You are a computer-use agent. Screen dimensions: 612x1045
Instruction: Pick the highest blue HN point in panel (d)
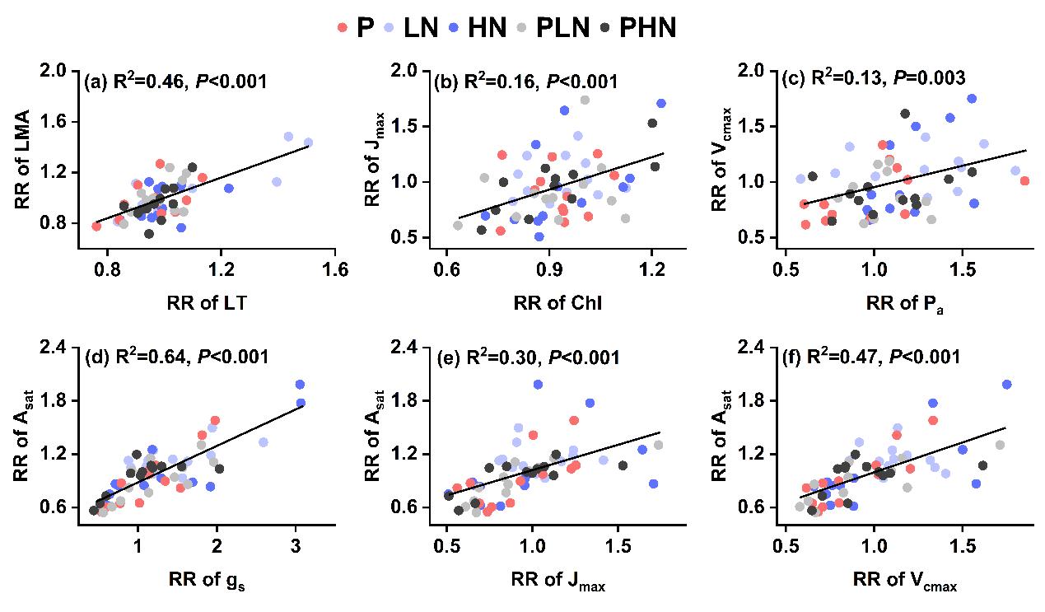(301, 385)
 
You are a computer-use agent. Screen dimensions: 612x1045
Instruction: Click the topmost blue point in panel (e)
(539, 385)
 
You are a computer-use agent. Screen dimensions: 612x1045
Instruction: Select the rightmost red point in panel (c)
(1024, 181)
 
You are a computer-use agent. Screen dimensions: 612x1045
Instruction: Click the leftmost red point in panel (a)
(96, 227)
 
